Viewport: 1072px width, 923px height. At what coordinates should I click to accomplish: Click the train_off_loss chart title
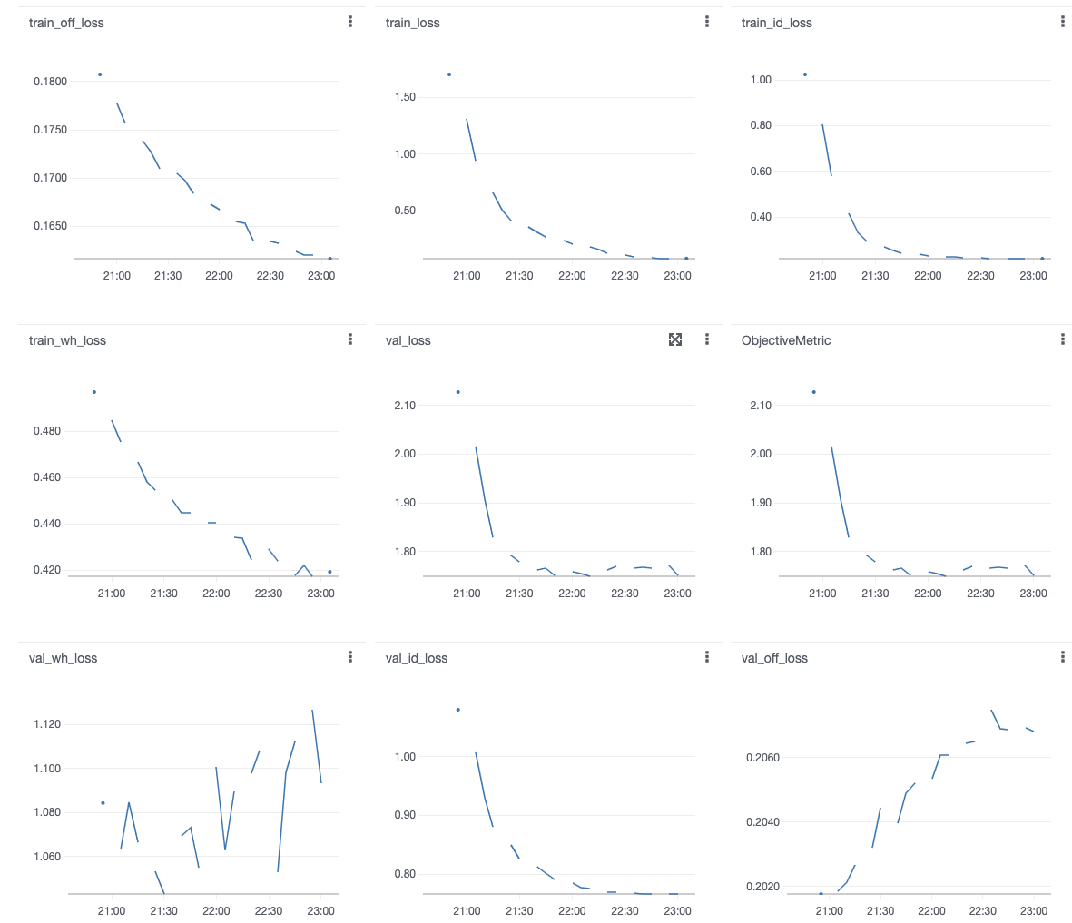(66, 23)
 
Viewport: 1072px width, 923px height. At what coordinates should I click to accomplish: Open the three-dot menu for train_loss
(707, 22)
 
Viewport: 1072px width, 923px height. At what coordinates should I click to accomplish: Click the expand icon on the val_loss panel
(675, 339)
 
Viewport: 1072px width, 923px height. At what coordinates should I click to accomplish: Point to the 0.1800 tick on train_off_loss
(50, 82)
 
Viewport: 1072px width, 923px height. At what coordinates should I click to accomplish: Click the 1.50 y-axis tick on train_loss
(405, 97)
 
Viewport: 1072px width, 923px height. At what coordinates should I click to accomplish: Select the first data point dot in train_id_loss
(805, 74)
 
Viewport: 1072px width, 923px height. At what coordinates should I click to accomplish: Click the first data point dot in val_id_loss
(458, 710)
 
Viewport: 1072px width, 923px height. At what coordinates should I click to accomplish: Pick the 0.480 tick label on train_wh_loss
(47, 431)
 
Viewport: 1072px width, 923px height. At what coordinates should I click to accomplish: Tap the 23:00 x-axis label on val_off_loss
(1033, 910)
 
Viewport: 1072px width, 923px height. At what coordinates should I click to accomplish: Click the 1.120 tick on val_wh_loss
(47, 724)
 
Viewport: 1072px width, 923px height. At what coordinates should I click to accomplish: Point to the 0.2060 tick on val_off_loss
(762, 758)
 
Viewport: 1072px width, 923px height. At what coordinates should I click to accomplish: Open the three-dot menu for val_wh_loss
(350, 657)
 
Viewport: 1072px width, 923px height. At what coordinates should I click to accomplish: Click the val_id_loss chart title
(416, 658)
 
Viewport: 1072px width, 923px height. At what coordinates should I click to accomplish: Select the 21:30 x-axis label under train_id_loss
(875, 275)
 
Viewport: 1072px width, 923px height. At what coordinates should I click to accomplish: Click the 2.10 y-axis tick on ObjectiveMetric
(761, 406)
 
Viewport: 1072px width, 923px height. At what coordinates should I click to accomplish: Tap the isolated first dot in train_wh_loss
(94, 392)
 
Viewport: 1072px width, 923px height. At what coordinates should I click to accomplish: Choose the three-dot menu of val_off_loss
(1063, 657)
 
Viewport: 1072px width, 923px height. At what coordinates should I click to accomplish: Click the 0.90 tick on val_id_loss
(405, 815)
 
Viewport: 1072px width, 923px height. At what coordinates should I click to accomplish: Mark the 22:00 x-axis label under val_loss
(572, 593)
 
